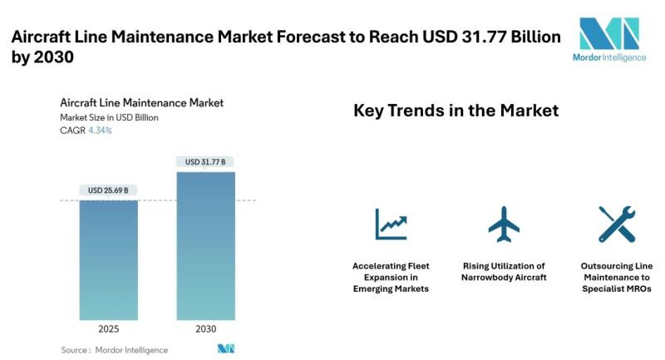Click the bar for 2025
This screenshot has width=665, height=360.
109,259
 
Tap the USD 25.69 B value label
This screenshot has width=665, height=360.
109,190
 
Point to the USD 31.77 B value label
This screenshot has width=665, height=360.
205,161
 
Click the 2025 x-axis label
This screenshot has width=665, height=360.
109,329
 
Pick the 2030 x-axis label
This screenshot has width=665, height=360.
205,329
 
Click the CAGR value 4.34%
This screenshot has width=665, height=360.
101,131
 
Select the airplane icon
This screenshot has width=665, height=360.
504,224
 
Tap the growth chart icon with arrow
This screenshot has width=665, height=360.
391,224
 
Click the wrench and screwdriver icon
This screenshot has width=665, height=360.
617,224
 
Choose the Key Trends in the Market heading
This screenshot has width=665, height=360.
456,111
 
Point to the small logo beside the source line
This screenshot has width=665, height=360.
226,349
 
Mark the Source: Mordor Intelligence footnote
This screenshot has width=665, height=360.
115,350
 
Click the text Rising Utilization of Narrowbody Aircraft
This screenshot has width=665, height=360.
504,271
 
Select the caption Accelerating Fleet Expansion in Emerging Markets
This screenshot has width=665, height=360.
391,277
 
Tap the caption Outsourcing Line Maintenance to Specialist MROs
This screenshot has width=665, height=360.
617,277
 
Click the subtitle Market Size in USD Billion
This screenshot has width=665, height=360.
109,117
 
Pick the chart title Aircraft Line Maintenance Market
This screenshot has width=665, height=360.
141,102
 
